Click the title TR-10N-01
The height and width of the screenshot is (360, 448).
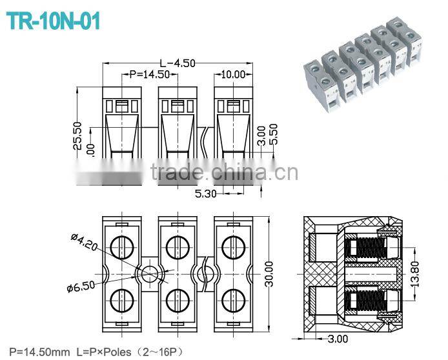click(54, 22)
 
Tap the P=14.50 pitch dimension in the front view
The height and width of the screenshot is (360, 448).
click(149, 74)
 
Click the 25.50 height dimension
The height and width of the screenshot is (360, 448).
click(77, 135)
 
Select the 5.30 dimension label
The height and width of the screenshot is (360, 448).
click(205, 192)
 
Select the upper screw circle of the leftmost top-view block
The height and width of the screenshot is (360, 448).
click(121, 245)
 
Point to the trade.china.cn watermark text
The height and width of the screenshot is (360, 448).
click(223, 172)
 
